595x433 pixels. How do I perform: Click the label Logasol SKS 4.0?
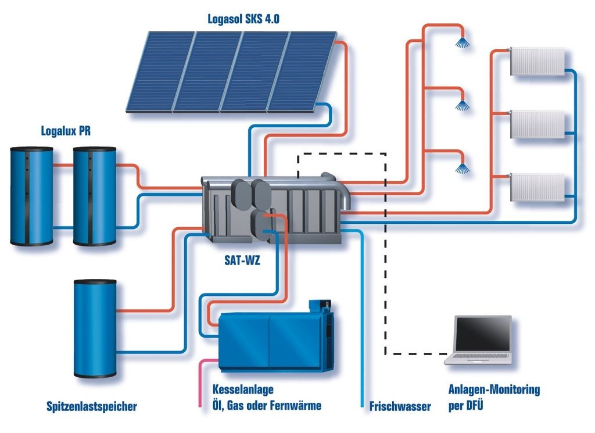(244, 18)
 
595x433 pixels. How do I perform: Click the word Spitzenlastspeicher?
(92, 406)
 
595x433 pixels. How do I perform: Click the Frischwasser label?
(400, 406)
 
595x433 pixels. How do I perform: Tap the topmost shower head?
(463, 42)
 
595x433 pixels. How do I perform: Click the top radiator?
(537, 61)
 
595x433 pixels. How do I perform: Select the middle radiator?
(537, 124)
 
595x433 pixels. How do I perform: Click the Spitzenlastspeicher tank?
(95, 328)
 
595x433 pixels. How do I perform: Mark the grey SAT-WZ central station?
(273, 206)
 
